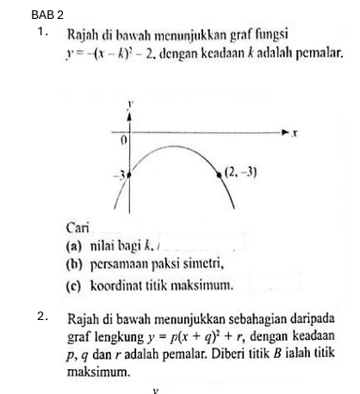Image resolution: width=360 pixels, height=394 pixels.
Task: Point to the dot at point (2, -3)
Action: [x=218, y=174]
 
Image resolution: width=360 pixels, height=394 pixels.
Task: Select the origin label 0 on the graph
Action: [x=123, y=139]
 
